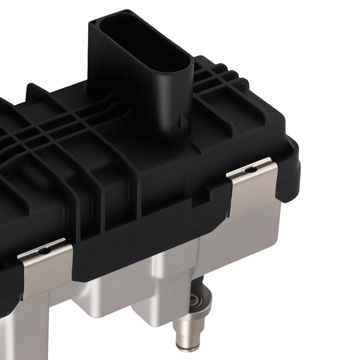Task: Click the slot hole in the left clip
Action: (x=44, y=251)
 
